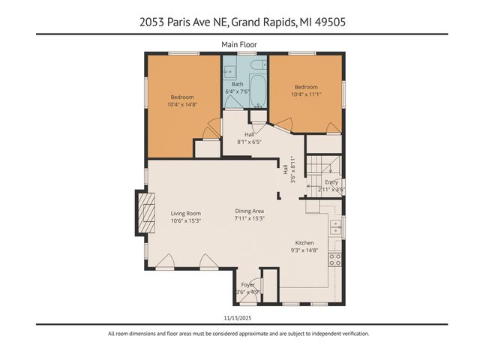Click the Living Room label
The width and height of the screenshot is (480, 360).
[185, 213]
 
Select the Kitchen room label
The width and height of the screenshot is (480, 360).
[304, 243]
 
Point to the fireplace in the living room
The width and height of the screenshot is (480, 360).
[145, 213]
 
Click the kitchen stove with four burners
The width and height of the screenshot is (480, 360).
[335, 259]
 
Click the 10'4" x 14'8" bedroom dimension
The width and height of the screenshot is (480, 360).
[181, 104]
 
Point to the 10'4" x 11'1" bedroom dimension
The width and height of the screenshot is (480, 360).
[305, 94]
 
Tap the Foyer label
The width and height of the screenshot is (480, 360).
[247, 285]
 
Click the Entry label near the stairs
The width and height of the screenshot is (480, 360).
[331, 182]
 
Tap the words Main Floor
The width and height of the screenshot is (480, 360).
[239, 45]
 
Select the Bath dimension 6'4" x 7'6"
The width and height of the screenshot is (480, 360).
[238, 91]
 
